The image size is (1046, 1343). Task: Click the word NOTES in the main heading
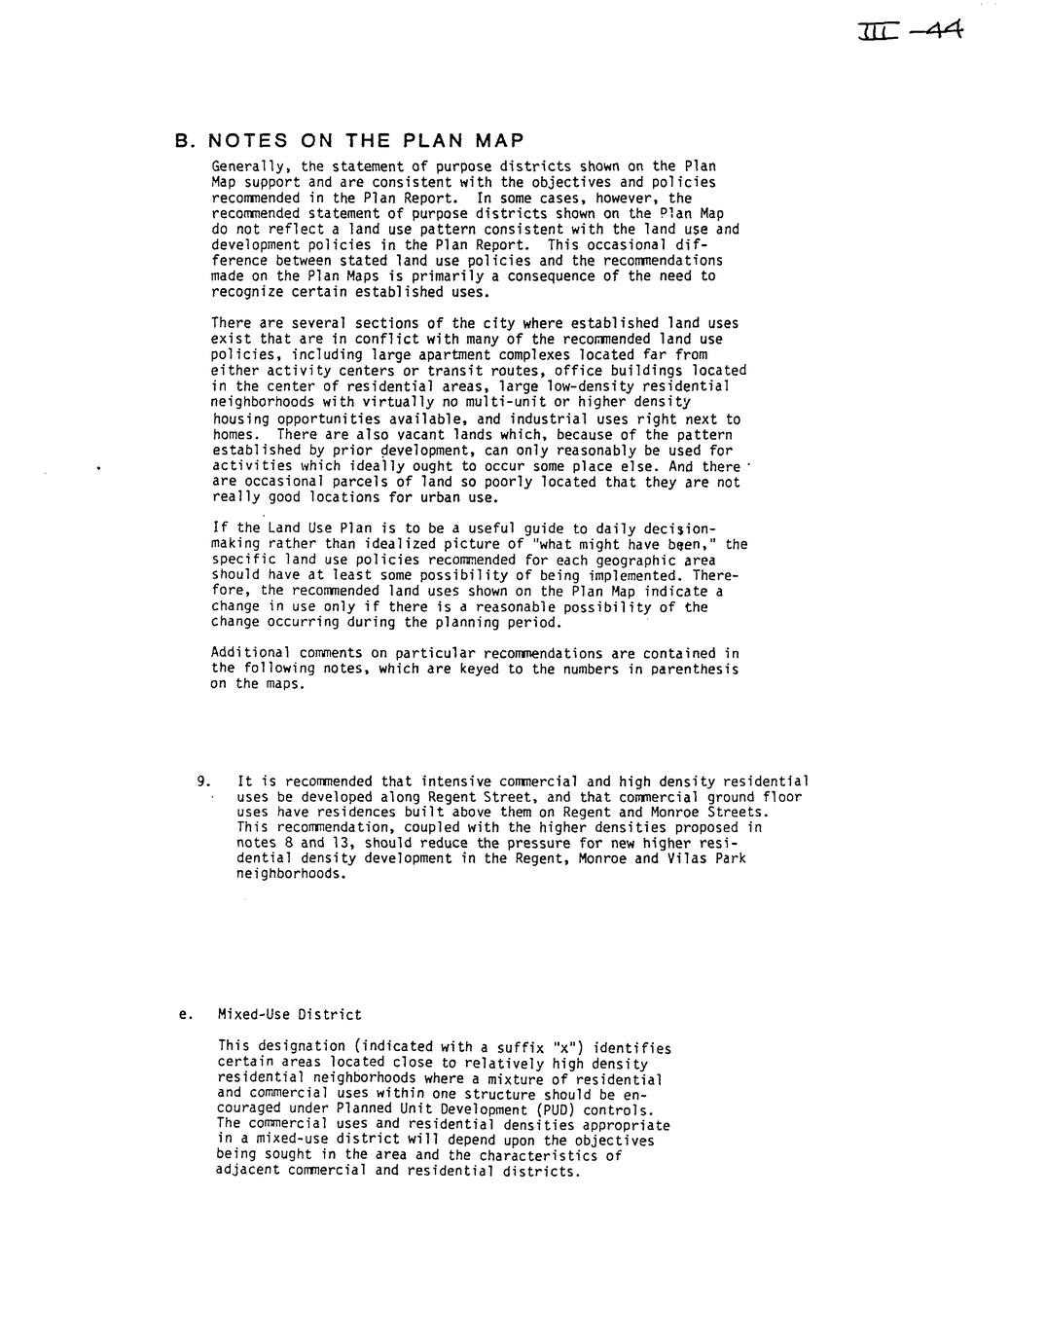point(248,140)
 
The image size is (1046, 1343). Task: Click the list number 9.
point(203,781)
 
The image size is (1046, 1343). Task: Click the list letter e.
point(183,1015)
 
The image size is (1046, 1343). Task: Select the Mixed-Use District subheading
point(289,1015)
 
